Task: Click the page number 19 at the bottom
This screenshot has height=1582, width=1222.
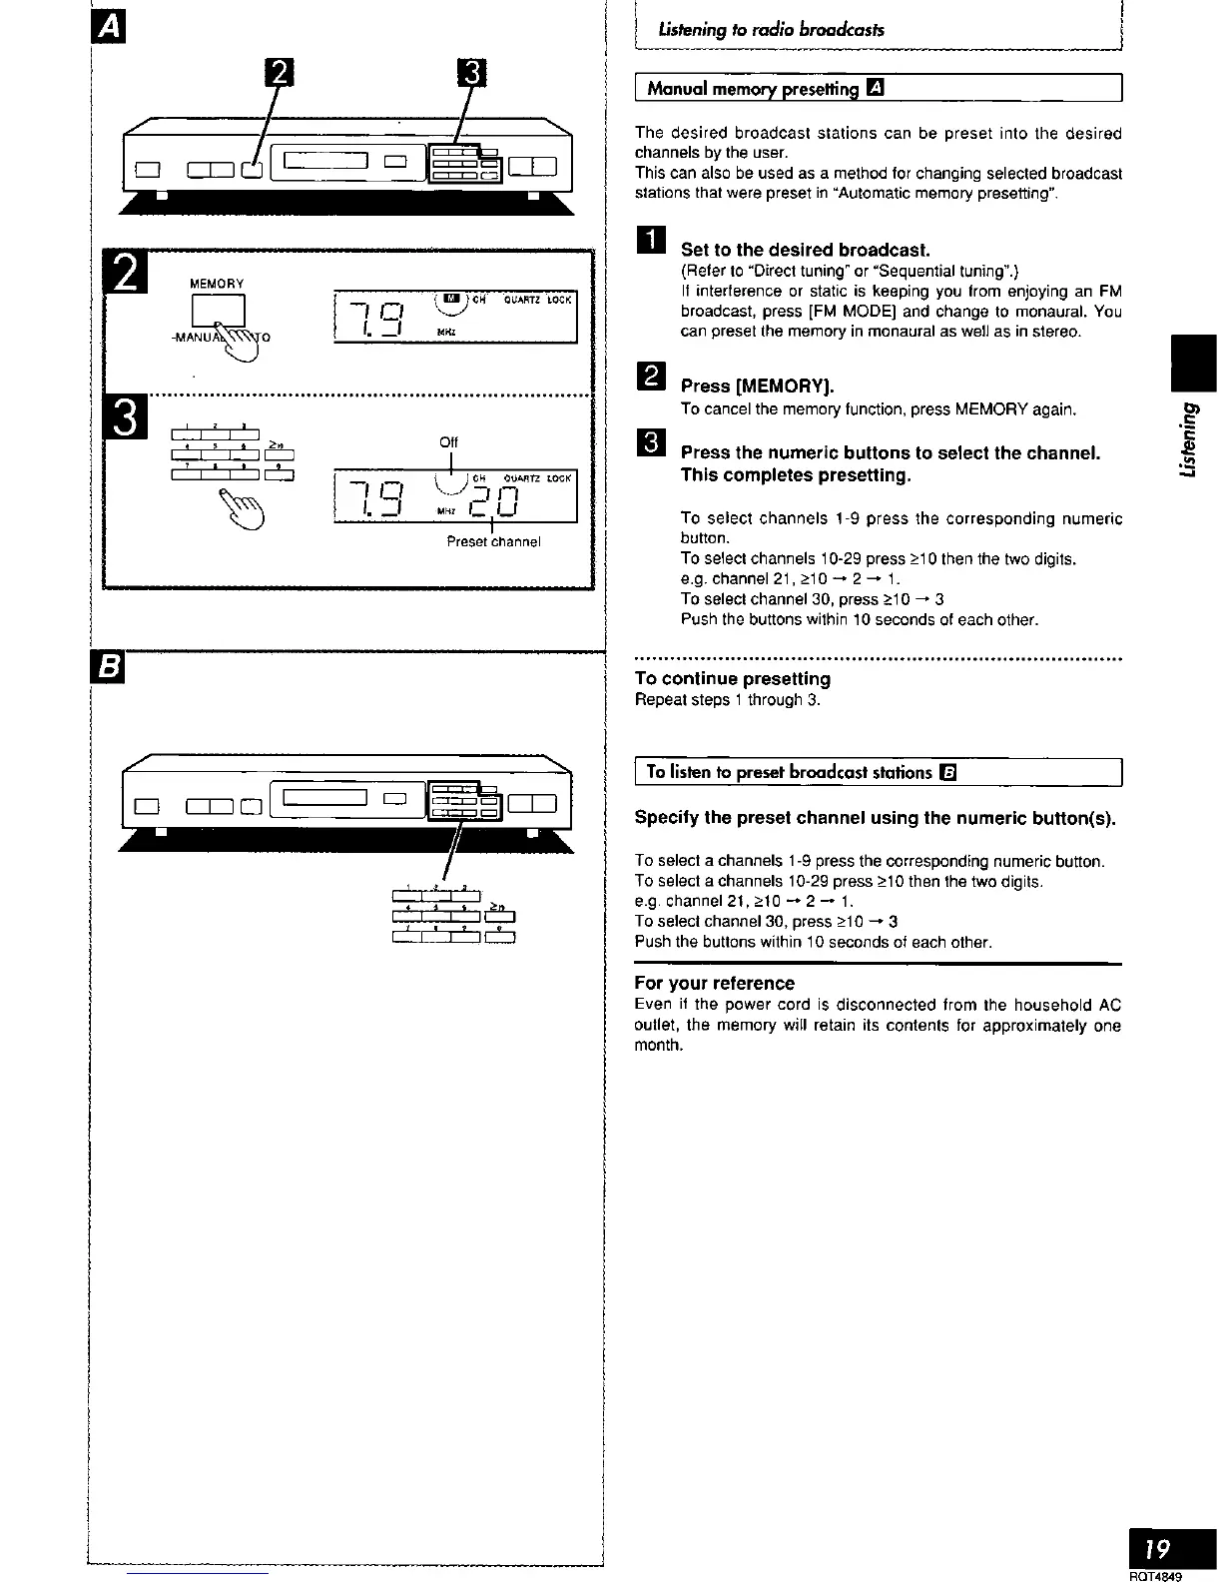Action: pos(1158,1550)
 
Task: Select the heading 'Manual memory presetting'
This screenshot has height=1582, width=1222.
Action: pos(753,89)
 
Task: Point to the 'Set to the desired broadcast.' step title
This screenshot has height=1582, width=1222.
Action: pos(805,249)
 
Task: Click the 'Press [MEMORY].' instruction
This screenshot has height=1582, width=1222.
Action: pos(757,386)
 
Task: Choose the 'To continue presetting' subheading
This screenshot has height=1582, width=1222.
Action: pos(733,679)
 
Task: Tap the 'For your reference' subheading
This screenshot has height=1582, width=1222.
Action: pos(715,983)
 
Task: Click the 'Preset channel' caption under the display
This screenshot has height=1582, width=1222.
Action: pos(493,542)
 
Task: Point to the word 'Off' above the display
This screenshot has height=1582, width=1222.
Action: pos(448,414)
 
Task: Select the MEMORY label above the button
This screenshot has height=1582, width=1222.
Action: pos(217,284)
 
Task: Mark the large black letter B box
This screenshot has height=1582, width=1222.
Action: pos(105,668)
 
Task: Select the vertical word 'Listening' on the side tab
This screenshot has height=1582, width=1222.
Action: pos(1188,438)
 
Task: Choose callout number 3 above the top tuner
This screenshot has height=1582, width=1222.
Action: pos(470,73)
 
